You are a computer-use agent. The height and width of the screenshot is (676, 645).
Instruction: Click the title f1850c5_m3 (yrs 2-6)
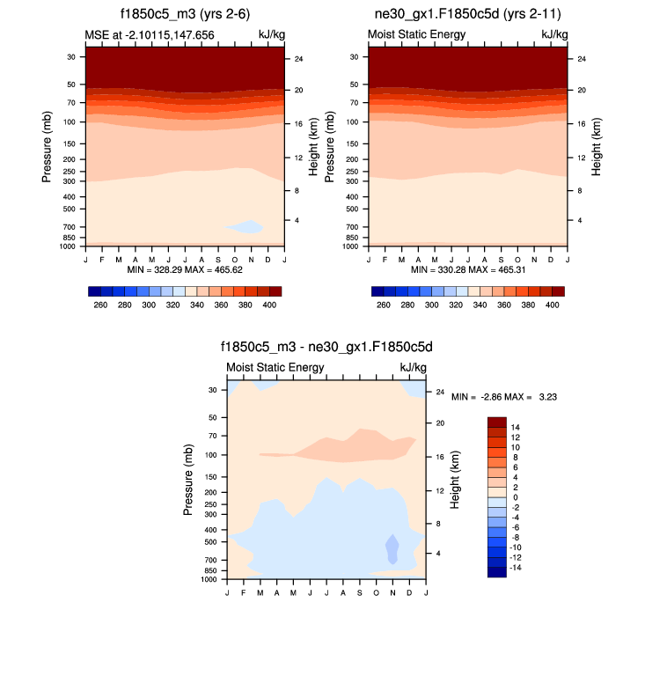coord(184,14)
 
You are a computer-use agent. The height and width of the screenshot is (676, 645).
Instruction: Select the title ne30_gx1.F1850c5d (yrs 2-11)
coord(466,14)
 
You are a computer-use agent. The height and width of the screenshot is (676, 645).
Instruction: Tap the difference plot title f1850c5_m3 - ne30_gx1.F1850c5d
coord(326,347)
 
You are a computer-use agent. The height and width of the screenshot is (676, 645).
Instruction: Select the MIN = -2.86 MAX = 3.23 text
coord(504,397)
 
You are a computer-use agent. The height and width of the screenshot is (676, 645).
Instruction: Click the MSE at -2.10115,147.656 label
coord(150,34)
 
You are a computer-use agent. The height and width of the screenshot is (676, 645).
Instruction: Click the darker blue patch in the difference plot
coord(392,548)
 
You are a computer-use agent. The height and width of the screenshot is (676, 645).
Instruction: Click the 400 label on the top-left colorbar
coord(270,305)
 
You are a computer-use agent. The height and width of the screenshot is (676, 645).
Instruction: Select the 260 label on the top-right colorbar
coord(383,305)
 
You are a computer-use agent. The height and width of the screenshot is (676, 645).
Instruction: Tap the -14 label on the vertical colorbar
coord(517,568)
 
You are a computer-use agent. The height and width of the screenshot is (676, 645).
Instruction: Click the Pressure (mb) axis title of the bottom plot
coord(188,480)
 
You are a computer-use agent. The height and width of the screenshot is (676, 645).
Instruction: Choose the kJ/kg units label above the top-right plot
coord(554,34)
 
